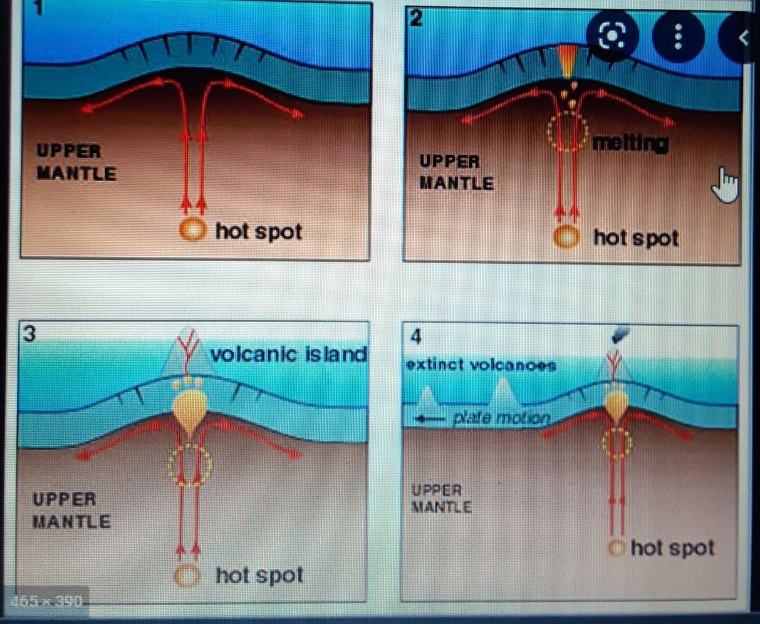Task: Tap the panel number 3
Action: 29,333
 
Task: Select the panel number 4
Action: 416,337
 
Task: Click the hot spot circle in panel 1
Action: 192,231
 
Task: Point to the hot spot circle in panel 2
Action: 567,237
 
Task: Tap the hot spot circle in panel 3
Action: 187,575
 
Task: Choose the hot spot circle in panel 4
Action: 617,548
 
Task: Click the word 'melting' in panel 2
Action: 630,143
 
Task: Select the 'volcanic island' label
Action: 288,354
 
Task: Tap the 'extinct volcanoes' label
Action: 481,365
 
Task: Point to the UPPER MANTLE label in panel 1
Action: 76,162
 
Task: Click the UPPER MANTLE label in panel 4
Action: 440,499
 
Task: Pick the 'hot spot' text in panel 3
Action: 259,575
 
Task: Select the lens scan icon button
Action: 612,38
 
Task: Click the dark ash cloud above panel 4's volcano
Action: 622,336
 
